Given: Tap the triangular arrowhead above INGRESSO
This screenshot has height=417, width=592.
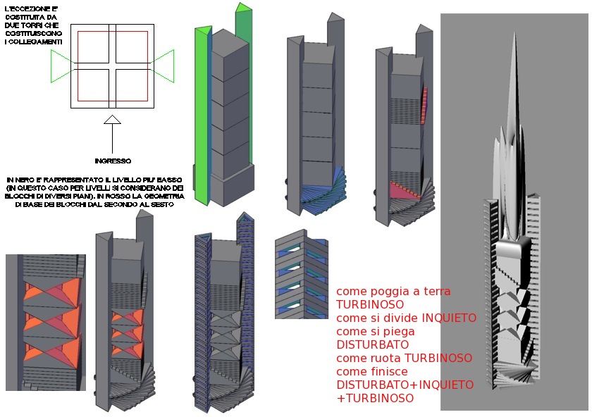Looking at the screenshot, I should click(112, 120).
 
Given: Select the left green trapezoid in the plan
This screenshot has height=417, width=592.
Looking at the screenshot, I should click(60, 67).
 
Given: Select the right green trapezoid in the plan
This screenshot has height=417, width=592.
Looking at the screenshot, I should click(164, 64).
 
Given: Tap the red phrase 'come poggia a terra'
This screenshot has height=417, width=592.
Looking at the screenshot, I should click(393, 291).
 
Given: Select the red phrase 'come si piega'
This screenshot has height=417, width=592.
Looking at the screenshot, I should click(375, 331).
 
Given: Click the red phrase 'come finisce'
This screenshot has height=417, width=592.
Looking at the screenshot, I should click(371, 371).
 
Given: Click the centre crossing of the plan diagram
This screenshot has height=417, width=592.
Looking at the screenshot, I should click(112, 67).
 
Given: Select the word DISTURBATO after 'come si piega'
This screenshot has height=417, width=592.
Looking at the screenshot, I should click(373, 344).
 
